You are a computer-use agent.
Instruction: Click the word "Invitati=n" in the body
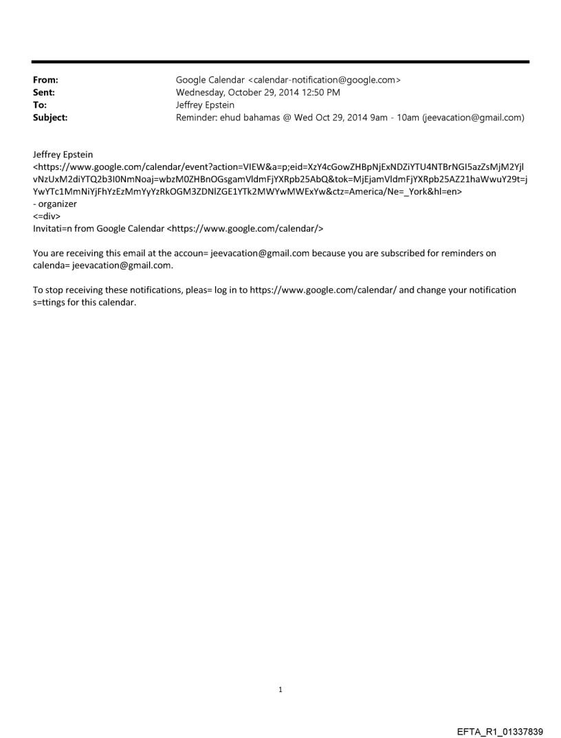(54, 228)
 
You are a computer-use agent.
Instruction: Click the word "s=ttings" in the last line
(50, 303)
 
